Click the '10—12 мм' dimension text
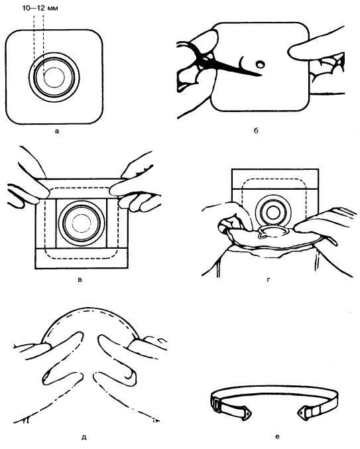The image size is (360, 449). point(40,8)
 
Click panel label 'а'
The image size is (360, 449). point(56,131)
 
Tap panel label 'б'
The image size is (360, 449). point(256,131)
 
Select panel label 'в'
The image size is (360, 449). point(80,279)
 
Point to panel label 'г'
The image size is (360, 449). point(268,279)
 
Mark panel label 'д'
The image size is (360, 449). point(84,438)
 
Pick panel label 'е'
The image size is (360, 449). point(276,436)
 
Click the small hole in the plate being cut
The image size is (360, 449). point(260,64)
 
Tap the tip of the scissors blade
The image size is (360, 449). point(261,76)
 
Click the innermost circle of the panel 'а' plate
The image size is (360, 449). point(54,78)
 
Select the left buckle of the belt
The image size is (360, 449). point(217,405)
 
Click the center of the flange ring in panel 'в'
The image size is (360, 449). point(82,223)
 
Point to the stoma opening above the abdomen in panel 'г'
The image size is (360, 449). point(272,231)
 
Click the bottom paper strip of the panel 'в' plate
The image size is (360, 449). point(82,258)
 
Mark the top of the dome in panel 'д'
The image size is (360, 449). point(90,308)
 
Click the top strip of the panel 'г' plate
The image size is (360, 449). point(274,179)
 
